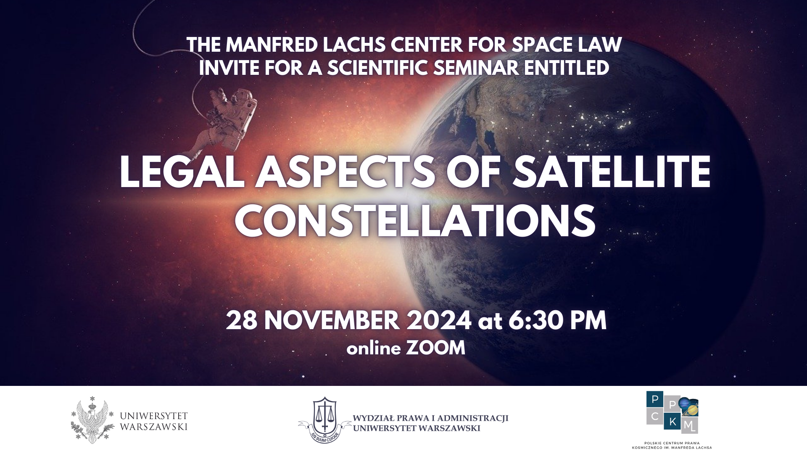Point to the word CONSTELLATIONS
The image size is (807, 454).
coord(415,220)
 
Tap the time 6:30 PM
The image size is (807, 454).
coord(558,321)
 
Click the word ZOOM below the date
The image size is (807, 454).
coord(436,348)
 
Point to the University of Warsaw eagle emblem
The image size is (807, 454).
coord(92,420)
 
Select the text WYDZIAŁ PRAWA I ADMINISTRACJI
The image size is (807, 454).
coord(431,418)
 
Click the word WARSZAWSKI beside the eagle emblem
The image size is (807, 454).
coord(154,427)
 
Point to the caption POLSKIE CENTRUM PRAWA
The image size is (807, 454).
coord(672,443)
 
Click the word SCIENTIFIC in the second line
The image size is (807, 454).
coord(378,68)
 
